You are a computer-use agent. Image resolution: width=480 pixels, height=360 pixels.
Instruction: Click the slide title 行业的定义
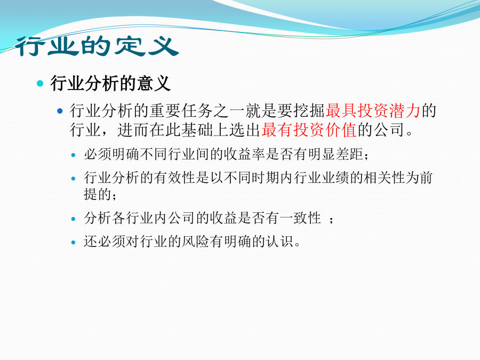(x=97, y=46)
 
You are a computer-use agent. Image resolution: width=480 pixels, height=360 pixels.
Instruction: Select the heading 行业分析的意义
(x=110, y=83)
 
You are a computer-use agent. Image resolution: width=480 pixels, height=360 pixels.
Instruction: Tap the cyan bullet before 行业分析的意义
(x=40, y=83)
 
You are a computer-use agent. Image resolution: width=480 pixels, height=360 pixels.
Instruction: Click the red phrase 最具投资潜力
(x=373, y=110)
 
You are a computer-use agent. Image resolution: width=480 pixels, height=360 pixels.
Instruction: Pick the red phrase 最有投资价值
(x=309, y=130)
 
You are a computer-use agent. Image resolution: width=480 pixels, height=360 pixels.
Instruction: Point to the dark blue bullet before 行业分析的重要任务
(x=60, y=111)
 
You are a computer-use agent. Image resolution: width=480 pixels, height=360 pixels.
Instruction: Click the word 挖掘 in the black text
(x=309, y=110)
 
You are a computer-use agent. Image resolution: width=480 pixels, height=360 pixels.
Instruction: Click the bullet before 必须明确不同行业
(x=73, y=155)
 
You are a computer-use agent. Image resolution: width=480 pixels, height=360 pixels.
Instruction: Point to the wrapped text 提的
(x=98, y=194)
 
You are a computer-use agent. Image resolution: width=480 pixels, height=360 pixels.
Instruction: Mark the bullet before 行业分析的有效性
(x=73, y=179)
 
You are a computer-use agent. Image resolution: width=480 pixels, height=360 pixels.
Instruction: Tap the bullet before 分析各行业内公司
(x=73, y=219)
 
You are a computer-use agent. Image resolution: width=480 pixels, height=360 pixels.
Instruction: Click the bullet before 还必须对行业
(x=73, y=243)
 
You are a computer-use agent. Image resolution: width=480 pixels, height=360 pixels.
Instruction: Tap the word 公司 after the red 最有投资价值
(x=389, y=130)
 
